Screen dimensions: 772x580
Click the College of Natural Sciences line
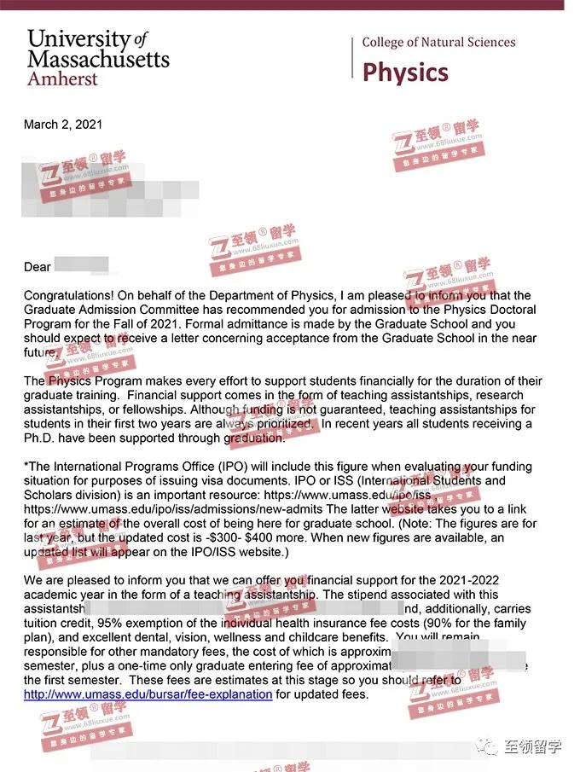coord(438,42)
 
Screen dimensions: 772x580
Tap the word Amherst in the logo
coord(62,78)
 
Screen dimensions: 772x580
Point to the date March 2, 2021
coord(63,125)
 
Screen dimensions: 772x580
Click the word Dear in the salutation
coord(38,267)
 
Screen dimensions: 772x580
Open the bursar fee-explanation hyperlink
coord(148,694)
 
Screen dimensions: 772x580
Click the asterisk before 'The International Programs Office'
coord(26,467)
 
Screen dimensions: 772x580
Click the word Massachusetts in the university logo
coord(98,58)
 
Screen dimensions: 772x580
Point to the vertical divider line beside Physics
coord(352,57)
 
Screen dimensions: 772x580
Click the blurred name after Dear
coord(82,265)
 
